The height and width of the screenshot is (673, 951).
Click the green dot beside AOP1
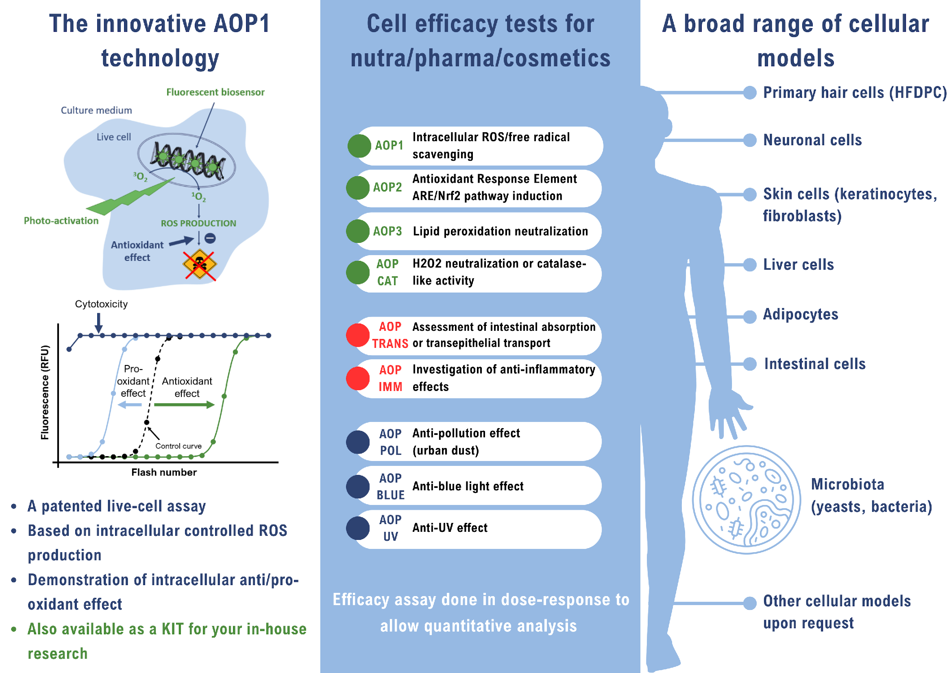pyautogui.click(x=359, y=146)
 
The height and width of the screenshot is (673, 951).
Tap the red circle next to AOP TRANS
pyautogui.click(x=358, y=335)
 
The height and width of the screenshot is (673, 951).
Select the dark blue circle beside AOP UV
pyautogui.click(x=358, y=528)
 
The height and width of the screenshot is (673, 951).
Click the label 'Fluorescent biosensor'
pyautogui.click(x=215, y=92)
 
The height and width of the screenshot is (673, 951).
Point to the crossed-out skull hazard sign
pyautogui.click(x=200, y=264)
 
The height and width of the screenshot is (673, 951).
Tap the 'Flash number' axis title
pyautogui.click(x=164, y=472)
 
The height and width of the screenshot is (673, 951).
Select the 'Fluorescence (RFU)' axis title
pyautogui.click(x=45, y=392)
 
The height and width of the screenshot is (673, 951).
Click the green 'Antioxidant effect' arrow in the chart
pyautogui.click(x=184, y=405)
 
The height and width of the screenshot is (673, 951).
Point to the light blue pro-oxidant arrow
pyautogui.click(x=130, y=405)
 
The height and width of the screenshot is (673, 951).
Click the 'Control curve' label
pyautogui.click(x=178, y=446)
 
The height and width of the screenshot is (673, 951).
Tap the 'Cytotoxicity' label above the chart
pyautogui.click(x=101, y=304)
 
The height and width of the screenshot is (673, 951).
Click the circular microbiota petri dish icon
pyautogui.click(x=746, y=500)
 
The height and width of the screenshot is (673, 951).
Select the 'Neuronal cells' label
pyautogui.click(x=812, y=140)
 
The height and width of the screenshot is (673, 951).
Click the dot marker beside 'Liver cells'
pyautogui.click(x=750, y=264)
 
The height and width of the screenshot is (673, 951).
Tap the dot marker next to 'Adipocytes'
pyautogui.click(x=750, y=317)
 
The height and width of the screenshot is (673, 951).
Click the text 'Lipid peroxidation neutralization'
pyautogui.click(x=501, y=231)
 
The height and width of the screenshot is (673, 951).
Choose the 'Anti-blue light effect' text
pyautogui.click(x=468, y=486)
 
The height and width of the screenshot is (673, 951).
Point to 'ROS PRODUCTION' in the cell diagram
pyautogui.click(x=198, y=223)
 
